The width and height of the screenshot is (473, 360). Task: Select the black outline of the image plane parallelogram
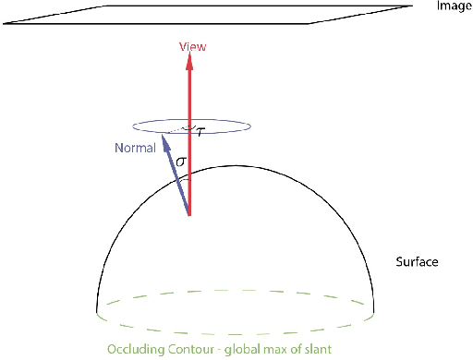click(x=212, y=26)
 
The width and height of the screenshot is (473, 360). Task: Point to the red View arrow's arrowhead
click(x=189, y=60)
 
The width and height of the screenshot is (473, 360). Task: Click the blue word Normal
click(x=134, y=148)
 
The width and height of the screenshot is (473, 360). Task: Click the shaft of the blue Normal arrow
click(x=178, y=180)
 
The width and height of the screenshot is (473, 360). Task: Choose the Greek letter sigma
click(x=182, y=162)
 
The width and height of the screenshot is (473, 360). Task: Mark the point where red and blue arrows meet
click(x=189, y=215)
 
